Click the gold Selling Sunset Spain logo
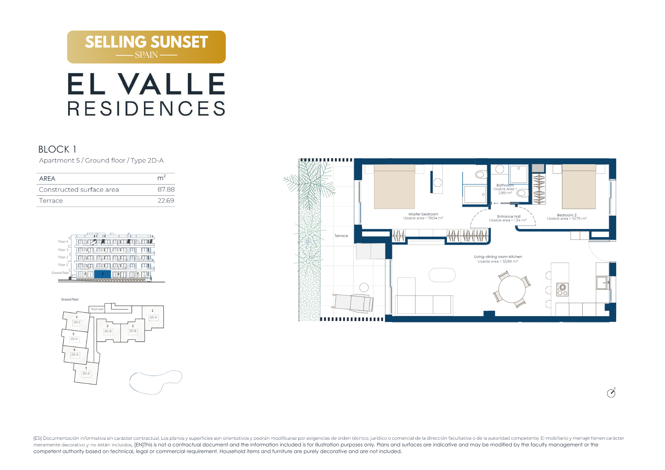[146, 47]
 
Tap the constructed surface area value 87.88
[166, 189]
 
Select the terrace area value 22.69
[166, 201]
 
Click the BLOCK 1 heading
[57, 149]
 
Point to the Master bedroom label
[423, 214]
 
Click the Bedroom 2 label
[567, 215]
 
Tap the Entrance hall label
[509, 216]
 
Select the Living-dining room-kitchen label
[498, 257]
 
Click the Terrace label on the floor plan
[341, 236]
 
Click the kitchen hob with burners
[562, 290]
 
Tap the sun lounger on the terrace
[353, 303]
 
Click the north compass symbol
[611, 393]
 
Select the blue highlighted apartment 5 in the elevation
[102, 274]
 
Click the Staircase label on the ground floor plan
[97, 309]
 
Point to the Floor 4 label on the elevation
[63, 242]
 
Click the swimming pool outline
[156, 382]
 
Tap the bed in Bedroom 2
[579, 187]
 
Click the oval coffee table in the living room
[442, 275]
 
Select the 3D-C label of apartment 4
[77, 322]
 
